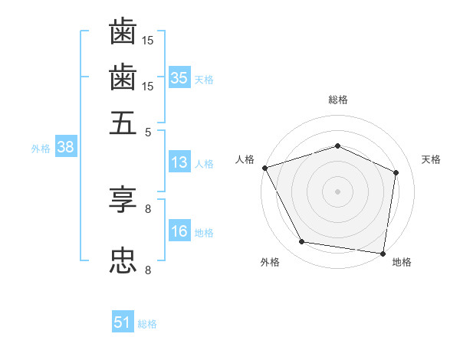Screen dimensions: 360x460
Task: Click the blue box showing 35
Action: tap(179, 78)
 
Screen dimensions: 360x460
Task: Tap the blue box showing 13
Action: tap(179, 162)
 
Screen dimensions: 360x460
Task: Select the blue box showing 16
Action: tap(179, 231)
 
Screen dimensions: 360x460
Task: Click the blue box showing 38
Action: tap(65, 148)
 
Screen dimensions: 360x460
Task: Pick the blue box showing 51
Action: tap(123, 322)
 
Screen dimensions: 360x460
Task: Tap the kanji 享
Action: tap(123, 201)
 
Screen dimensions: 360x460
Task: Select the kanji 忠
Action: tap(123, 260)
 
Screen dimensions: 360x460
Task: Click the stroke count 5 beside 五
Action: tap(148, 131)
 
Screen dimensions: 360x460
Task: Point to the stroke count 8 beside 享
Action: tap(148, 208)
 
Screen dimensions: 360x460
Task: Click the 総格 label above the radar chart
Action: tap(337, 100)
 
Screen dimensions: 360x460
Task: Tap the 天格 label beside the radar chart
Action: tap(431, 159)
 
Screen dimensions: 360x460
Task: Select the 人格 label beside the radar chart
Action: tap(245, 159)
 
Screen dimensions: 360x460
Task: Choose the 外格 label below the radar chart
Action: tap(270, 262)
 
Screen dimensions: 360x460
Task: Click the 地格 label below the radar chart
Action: tap(402, 262)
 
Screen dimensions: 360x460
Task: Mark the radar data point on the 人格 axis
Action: tap(264, 168)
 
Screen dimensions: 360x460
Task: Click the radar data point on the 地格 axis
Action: tap(383, 253)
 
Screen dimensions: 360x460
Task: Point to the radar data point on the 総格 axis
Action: tap(337, 146)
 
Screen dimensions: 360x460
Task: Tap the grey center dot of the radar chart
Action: tap(337, 191)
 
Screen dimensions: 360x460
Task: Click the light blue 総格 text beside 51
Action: tap(147, 324)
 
